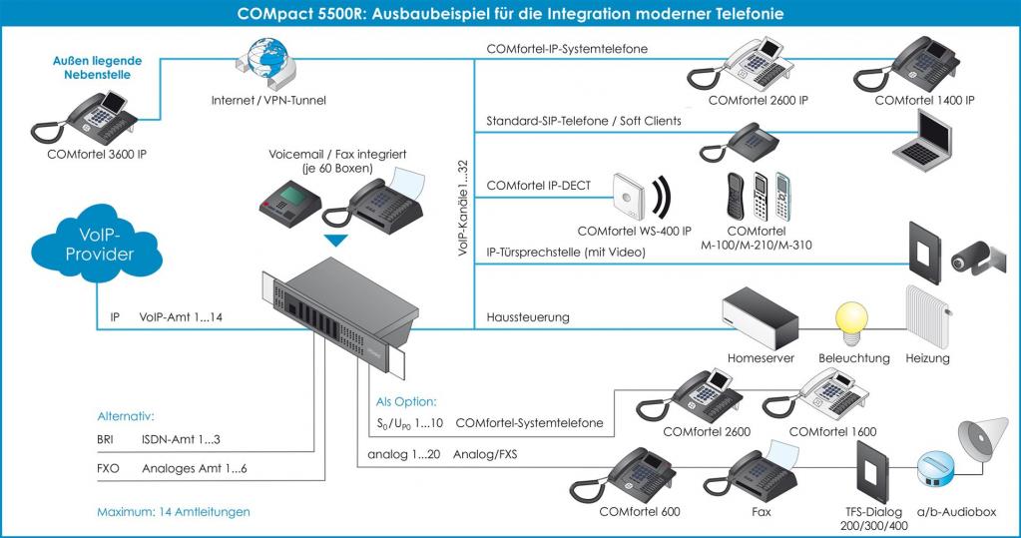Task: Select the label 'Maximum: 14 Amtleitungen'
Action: (173, 512)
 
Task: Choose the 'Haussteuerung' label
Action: (528, 317)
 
